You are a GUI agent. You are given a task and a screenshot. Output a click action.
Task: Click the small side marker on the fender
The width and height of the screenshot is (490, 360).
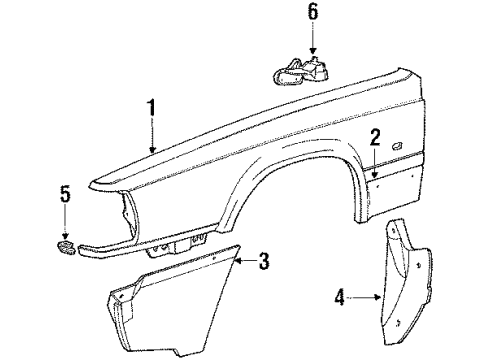tap(398, 150)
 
